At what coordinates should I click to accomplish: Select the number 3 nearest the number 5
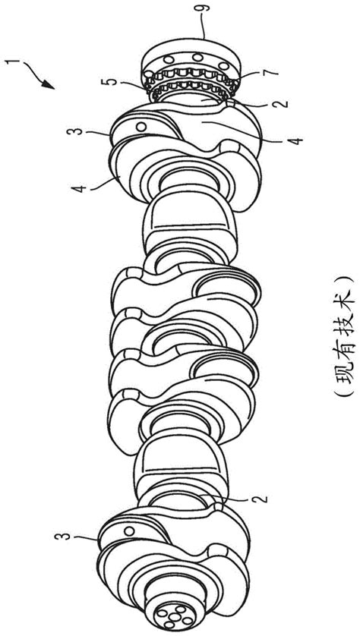[77, 131]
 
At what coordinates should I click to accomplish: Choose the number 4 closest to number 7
[297, 140]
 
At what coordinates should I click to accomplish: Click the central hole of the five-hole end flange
[175, 617]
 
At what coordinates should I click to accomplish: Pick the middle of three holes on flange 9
[197, 58]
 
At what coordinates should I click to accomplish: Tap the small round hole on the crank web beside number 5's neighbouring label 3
[141, 127]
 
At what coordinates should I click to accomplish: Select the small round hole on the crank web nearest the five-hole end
[129, 531]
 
